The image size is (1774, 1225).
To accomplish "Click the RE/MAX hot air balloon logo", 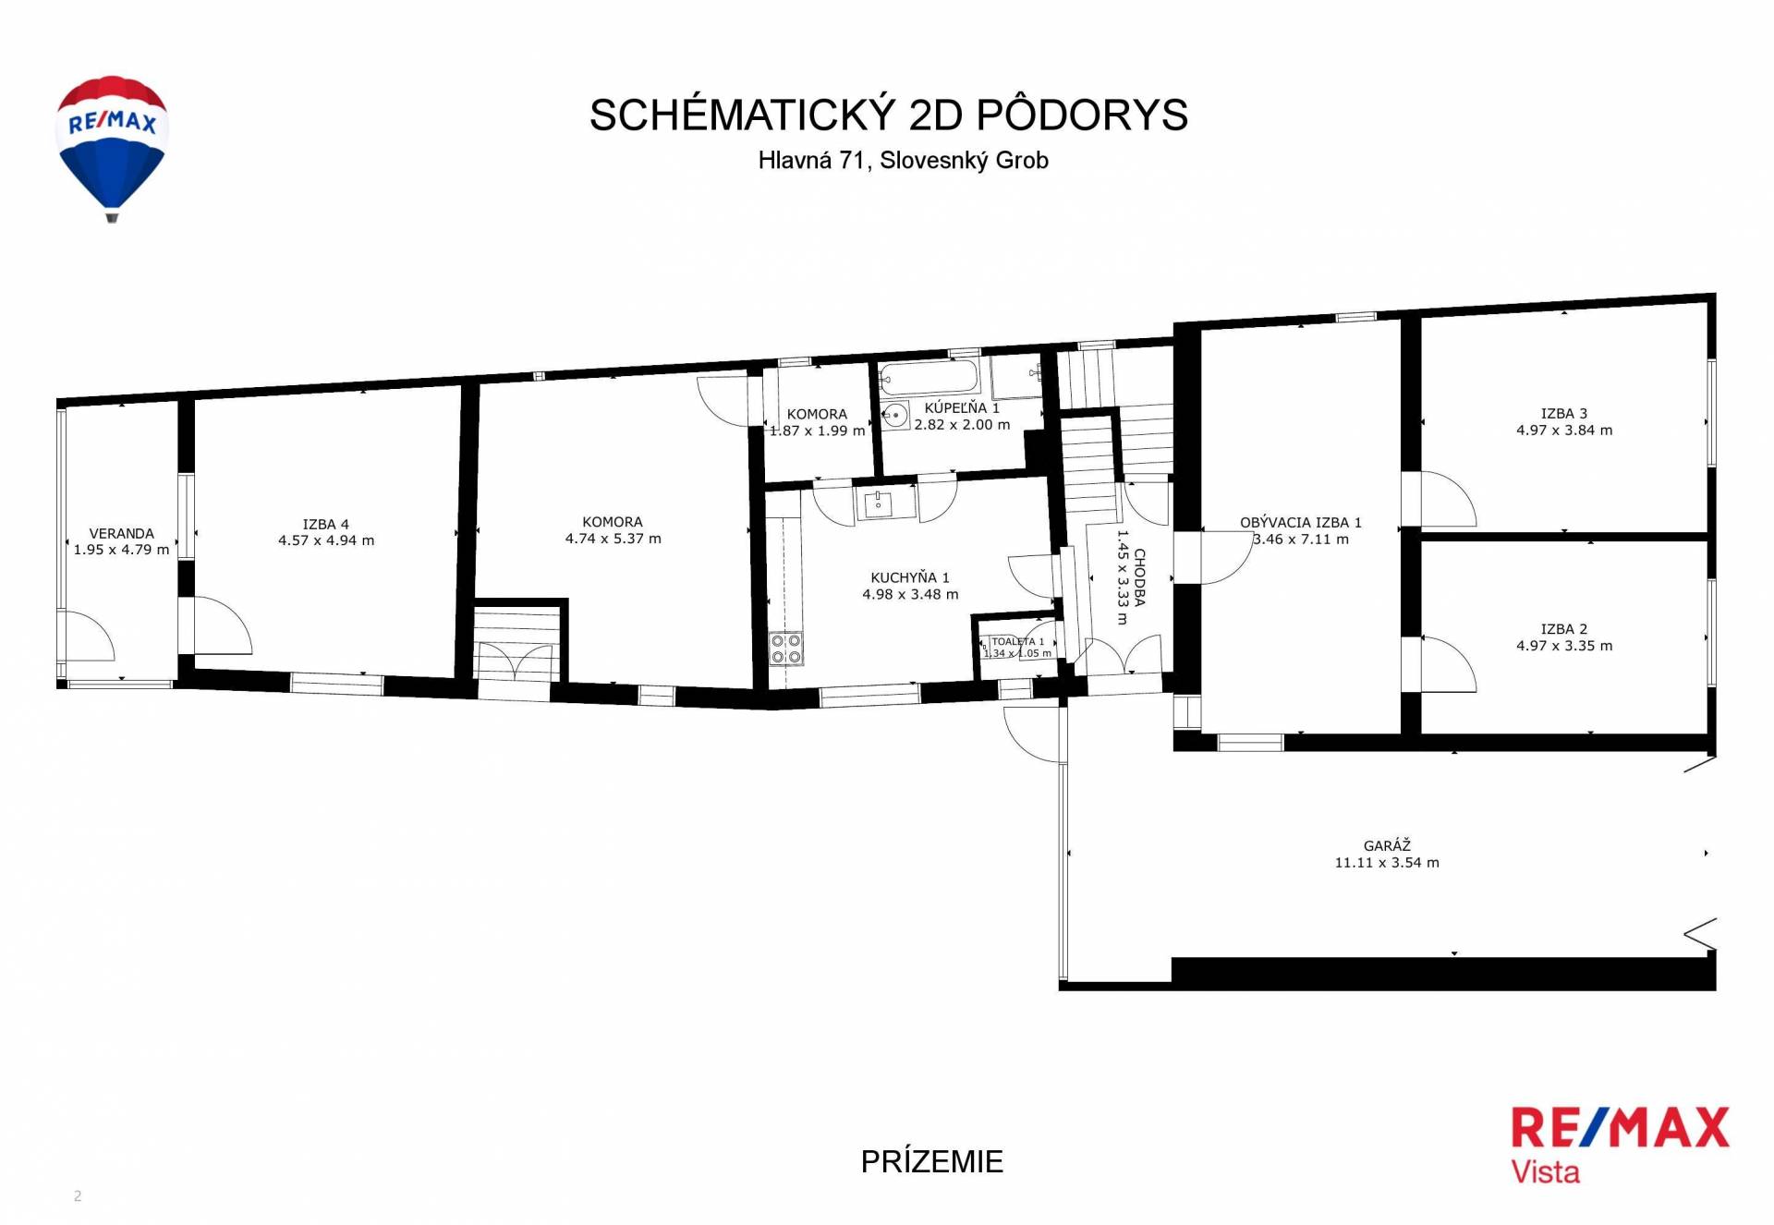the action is (x=112, y=148).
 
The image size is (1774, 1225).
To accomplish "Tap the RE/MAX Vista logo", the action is (x=1620, y=1145).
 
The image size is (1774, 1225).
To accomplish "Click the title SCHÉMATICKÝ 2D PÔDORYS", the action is (x=888, y=115).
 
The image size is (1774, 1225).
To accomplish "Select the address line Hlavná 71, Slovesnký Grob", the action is (x=903, y=161).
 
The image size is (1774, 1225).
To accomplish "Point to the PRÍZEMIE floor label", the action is (x=931, y=1161).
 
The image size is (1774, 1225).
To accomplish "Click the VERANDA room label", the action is (x=122, y=533).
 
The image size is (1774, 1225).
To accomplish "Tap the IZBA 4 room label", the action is (x=326, y=524).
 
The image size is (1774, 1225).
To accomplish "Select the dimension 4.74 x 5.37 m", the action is (x=613, y=539).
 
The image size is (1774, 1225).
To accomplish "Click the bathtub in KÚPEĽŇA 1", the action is (x=930, y=378).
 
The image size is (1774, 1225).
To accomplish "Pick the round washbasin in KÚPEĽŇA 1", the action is (x=894, y=415).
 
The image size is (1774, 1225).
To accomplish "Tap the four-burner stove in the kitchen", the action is (x=785, y=649).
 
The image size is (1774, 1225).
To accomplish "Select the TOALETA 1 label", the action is (x=1017, y=641).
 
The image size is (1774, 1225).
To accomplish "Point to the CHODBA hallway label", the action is (x=1140, y=577).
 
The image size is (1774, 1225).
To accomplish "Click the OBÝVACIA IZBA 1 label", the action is (x=1300, y=522).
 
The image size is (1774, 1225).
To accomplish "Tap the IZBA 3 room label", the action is (x=1563, y=414).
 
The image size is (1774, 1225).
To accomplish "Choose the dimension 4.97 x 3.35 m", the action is (x=1563, y=646).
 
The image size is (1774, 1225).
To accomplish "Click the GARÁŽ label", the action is (x=1386, y=845).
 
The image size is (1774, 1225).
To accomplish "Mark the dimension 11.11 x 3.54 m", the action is (x=1386, y=863).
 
